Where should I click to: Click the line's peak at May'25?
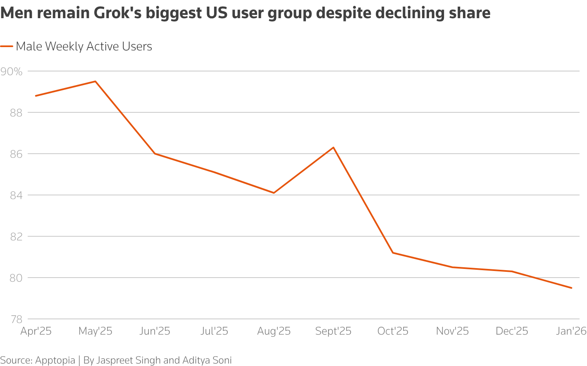[95, 81]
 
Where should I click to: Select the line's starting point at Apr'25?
[36, 96]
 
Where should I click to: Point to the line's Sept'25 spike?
[333, 147]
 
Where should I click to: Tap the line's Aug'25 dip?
[274, 193]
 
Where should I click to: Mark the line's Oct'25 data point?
[393, 252]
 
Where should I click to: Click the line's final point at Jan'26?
[571, 288]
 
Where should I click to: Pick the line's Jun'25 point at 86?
[155, 154]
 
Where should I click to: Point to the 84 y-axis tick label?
[15, 195]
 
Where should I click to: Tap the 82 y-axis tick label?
[15, 237]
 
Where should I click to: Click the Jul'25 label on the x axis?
[214, 331]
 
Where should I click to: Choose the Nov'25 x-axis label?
[452, 331]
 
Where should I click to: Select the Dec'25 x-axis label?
[512, 331]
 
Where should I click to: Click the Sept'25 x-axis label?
[333, 331]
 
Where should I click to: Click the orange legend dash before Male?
[7, 47]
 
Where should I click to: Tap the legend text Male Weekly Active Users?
[84, 47]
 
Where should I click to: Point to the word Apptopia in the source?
[55, 360]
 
